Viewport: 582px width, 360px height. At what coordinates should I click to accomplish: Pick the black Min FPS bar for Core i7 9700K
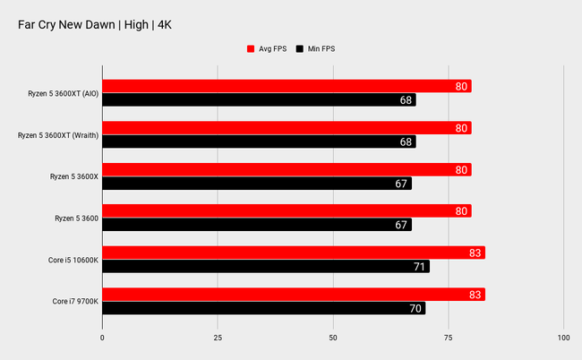point(263,308)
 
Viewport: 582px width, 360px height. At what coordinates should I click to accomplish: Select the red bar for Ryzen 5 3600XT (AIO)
point(287,86)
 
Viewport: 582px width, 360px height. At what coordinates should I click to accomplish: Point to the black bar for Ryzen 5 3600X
point(256,183)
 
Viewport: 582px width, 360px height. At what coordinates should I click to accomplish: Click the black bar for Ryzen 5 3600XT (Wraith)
point(259,141)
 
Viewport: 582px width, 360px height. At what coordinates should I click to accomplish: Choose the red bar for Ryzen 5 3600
point(287,211)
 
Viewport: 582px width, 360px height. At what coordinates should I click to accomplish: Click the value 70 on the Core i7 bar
point(415,308)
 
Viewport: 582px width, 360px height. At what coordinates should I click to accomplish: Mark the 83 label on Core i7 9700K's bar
point(475,295)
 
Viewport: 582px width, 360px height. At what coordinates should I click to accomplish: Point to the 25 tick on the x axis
point(218,338)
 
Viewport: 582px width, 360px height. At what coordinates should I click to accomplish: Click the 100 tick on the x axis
point(563,338)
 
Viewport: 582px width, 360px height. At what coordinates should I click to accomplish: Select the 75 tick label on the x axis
point(448,338)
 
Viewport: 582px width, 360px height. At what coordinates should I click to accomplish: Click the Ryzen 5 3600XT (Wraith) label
point(57,134)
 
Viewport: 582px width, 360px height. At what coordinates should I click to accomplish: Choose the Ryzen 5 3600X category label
point(73,176)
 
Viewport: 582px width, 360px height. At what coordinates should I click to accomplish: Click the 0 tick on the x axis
point(102,338)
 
